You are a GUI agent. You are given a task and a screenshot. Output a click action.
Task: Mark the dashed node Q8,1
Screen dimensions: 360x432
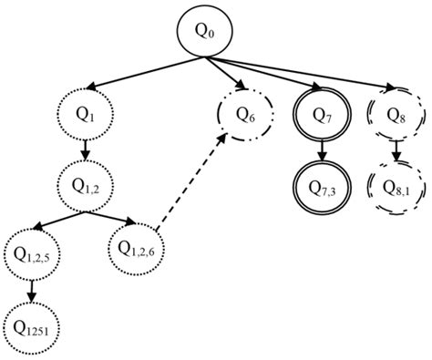(x=396, y=186)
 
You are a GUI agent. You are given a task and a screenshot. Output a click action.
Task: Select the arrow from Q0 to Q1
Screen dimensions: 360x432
(x=146, y=72)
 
